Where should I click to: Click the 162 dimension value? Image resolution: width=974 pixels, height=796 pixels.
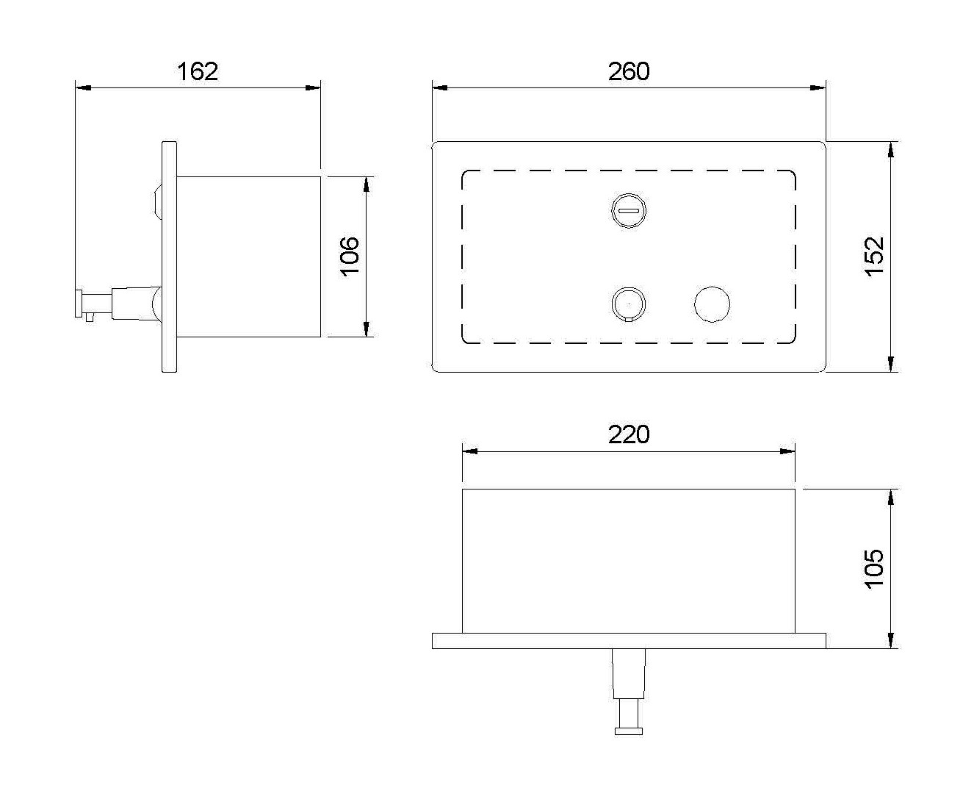[198, 71]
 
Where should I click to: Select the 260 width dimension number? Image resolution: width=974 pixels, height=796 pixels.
[629, 71]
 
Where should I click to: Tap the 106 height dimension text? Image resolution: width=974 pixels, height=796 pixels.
[350, 257]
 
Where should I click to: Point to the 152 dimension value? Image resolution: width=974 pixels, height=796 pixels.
[874, 257]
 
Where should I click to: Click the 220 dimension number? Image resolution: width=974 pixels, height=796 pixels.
[629, 434]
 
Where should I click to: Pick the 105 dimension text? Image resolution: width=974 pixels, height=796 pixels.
[874, 569]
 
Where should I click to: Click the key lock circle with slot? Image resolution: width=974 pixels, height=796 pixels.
[628, 210]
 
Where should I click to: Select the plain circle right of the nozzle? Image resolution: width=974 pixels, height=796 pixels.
[713, 304]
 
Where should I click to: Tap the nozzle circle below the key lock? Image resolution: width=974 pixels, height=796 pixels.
[628, 304]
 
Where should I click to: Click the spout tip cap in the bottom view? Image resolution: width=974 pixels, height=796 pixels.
[629, 731]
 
